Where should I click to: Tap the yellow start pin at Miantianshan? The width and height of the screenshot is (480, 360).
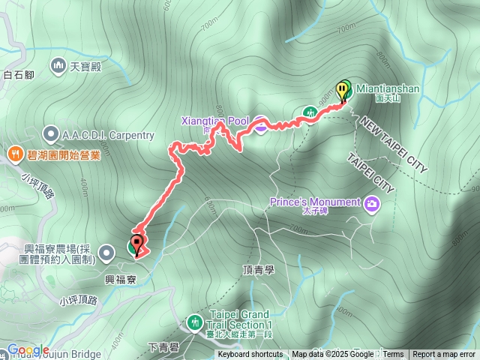(343, 90)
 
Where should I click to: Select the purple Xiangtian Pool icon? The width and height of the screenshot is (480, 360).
(260, 125)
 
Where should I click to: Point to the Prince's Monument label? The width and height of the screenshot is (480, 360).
(322, 200)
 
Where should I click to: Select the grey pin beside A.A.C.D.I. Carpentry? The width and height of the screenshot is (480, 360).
(50, 135)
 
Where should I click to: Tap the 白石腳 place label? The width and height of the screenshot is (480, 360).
(19, 74)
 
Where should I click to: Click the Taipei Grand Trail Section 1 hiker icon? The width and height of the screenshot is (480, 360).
(196, 322)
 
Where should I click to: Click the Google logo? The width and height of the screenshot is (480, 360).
(28, 350)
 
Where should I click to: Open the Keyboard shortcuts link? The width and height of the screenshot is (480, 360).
(250, 355)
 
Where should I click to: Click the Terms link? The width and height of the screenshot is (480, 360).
(393, 355)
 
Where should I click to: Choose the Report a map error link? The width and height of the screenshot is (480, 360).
(444, 355)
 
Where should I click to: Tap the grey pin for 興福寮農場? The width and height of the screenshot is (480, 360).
(109, 253)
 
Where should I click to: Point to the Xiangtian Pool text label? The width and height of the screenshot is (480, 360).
(214, 120)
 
